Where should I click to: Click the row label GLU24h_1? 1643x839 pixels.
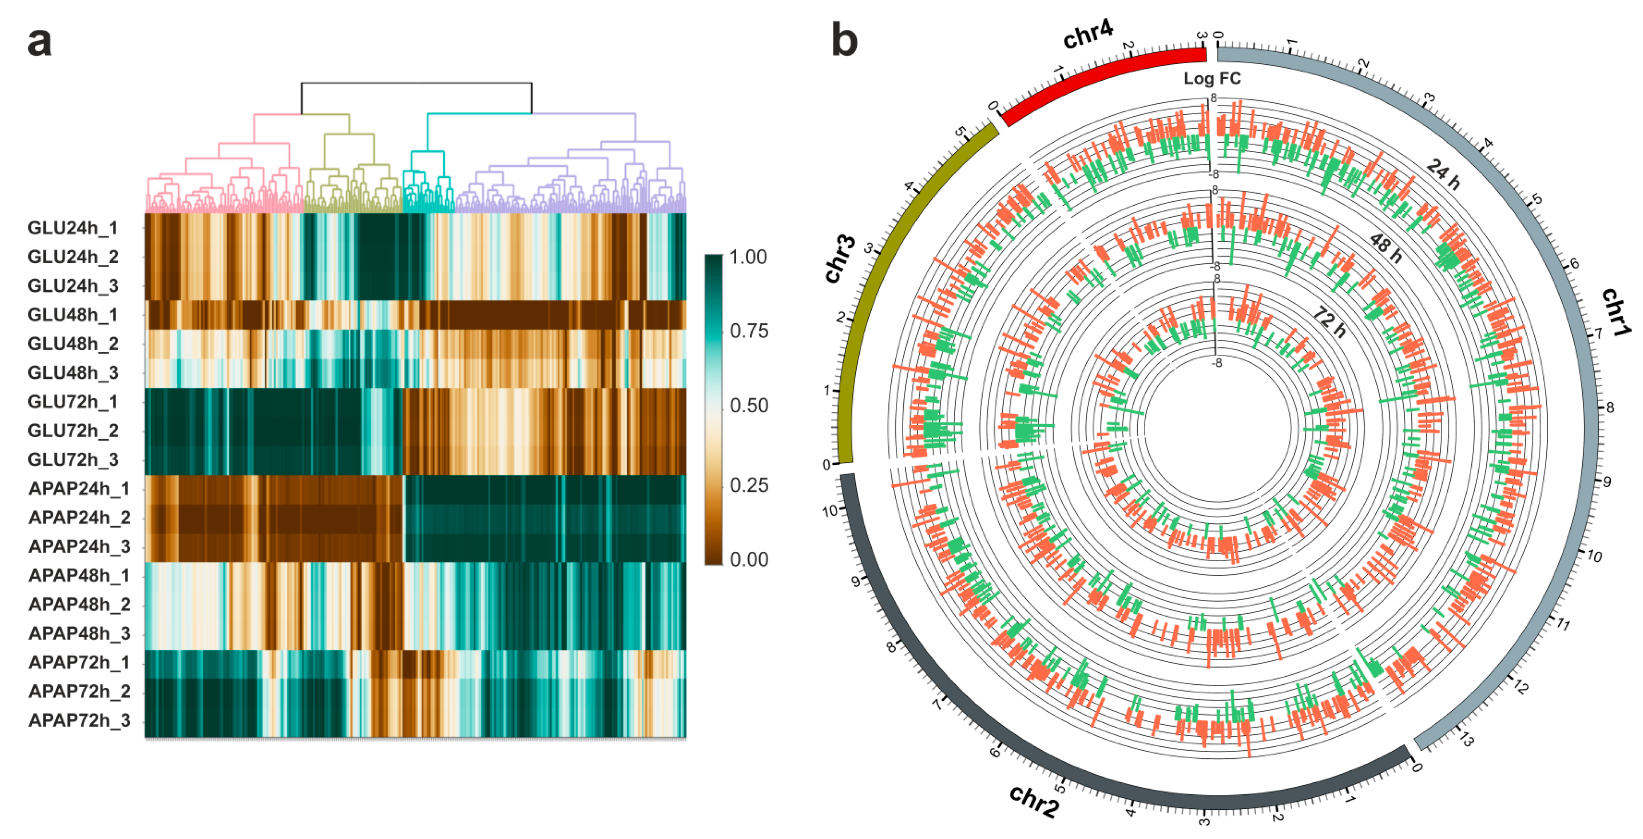tap(73, 228)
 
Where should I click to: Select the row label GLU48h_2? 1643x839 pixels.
tap(73, 344)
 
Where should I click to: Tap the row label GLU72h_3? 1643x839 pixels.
tap(73, 459)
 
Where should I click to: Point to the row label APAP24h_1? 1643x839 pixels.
tap(79, 489)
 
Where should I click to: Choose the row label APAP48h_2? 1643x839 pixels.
tap(79, 604)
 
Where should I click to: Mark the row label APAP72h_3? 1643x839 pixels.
tap(79, 720)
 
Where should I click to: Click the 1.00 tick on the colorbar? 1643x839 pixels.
tap(748, 257)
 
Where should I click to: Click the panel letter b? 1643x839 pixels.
tap(844, 41)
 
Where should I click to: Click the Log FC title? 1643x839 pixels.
tap(1212, 79)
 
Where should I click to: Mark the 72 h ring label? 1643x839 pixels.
tap(1330, 322)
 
